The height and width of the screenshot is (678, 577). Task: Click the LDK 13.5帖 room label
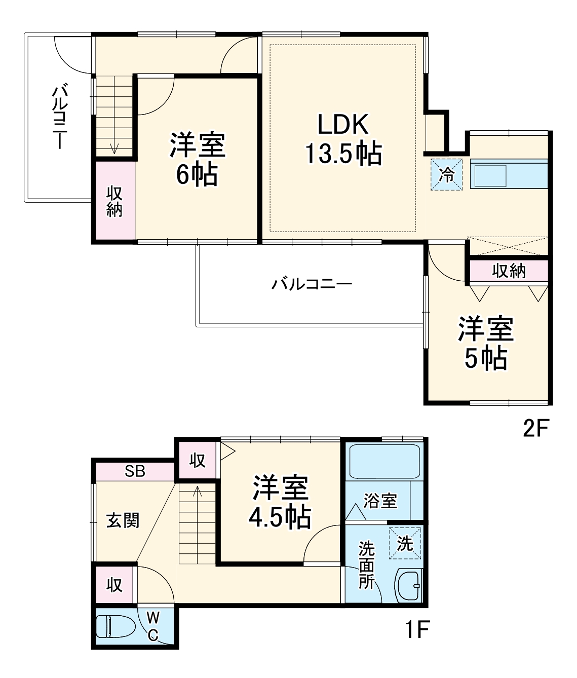pyautogui.click(x=343, y=139)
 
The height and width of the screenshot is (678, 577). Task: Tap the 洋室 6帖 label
pyautogui.click(x=197, y=159)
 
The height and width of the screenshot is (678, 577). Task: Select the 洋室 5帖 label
pyautogui.click(x=486, y=343)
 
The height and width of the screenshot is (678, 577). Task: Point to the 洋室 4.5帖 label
pyautogui.click(x=280, y=502)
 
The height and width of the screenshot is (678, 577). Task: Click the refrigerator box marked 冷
pyautogui.click(x=446, y=175)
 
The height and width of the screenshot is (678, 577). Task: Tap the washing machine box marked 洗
pyautogui.click(x=405, y=543)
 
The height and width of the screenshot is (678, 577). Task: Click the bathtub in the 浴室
pyautogui.click(x=384, y=461)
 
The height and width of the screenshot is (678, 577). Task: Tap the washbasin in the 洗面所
pyautogui.click(x=408, y=586)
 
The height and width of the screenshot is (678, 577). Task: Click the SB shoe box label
pyautogui.click(x=135, y=471)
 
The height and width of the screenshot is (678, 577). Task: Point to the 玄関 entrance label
pyautogui.click(x=123, y=520)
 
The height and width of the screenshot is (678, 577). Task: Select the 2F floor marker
pyautogui.click(x=536, y=429)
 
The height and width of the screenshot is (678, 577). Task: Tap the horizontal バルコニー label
pyautogui.click(x=312, y=284)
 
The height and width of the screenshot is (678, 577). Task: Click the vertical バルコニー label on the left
pyautogui.click(x=60, y=117)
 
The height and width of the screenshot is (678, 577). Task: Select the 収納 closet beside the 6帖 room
pyautogui.click(x=114, y=201)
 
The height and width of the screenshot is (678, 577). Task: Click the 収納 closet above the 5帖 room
pyautogui.click(x=509, y=271)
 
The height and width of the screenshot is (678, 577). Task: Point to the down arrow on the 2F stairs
pyautogui.click(x=114, y=147)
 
